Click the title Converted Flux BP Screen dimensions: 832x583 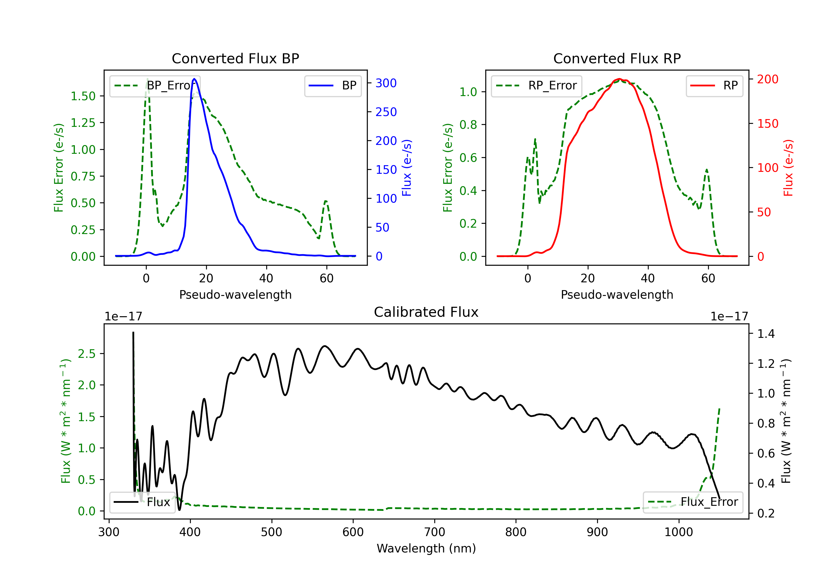pos(235,58)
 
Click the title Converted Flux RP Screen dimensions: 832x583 pos(617,58)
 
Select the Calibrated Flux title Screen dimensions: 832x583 pos(426,312)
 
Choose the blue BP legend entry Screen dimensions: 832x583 pos(333,86)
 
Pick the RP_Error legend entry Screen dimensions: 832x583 pos(536,86)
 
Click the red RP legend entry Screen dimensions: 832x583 pos(714,86)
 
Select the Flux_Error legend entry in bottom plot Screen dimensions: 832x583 pos(693,502)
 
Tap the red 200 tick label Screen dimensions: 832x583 pos(767,79)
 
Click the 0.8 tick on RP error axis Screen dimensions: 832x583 pos(468,125)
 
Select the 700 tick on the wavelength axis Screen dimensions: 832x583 pos(435,532)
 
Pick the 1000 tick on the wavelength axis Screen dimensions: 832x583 pos(679,532)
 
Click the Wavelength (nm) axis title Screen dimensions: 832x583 pos(426,549)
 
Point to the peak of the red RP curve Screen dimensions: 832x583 pos(619,79)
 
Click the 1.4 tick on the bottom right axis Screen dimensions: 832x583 pos(766,333)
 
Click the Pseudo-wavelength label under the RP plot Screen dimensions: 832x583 pos(617,295)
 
